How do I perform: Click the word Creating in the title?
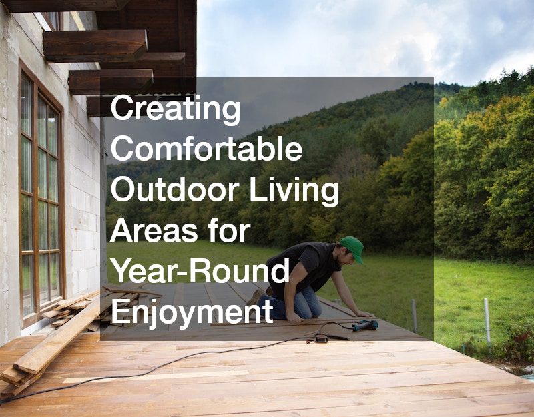point(176,109)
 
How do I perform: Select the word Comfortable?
point(206,149)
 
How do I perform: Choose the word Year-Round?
point(200,271)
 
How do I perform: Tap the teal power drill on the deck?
point(365,325)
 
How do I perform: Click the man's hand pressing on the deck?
point(364,314)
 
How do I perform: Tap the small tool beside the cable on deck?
point(321,338)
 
